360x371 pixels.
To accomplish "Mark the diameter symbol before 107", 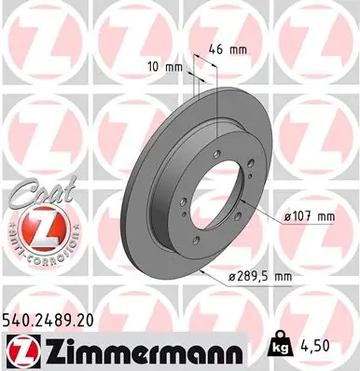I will point(290,216).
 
